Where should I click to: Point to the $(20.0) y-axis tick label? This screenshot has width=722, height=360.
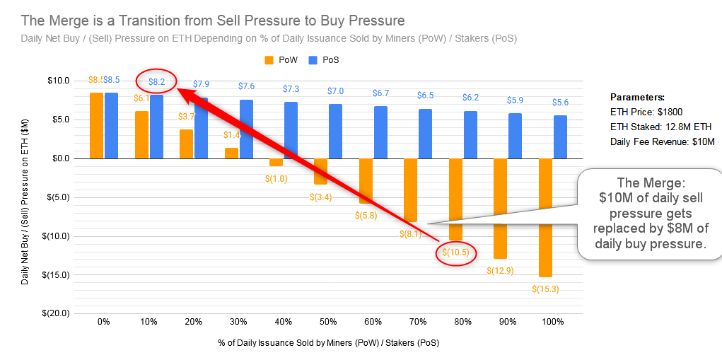[x=54, y=313]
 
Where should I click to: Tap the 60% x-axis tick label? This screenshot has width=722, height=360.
[x=373, y=322]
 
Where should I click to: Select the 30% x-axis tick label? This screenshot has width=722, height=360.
[x=238, y=322]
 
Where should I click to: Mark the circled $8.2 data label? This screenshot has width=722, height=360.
[x=156, y=82]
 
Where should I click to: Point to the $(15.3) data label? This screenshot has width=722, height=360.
[x=545, y=288]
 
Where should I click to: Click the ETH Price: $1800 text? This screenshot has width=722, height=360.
[x=646, y=112]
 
